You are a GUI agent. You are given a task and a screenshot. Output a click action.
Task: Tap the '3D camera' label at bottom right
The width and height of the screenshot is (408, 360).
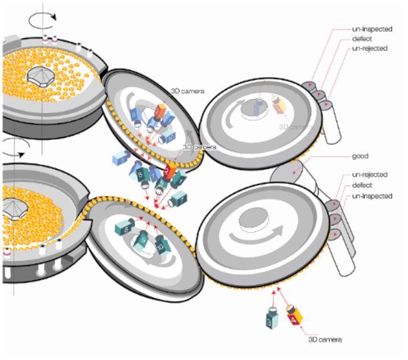325,339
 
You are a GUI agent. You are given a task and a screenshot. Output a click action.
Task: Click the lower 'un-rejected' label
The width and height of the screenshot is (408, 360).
369,174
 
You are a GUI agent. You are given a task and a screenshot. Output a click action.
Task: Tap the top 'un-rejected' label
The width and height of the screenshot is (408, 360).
369,48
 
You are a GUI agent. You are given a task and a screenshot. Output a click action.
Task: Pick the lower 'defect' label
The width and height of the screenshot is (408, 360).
362,185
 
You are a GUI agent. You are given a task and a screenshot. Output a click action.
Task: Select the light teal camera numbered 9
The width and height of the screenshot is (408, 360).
144,239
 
